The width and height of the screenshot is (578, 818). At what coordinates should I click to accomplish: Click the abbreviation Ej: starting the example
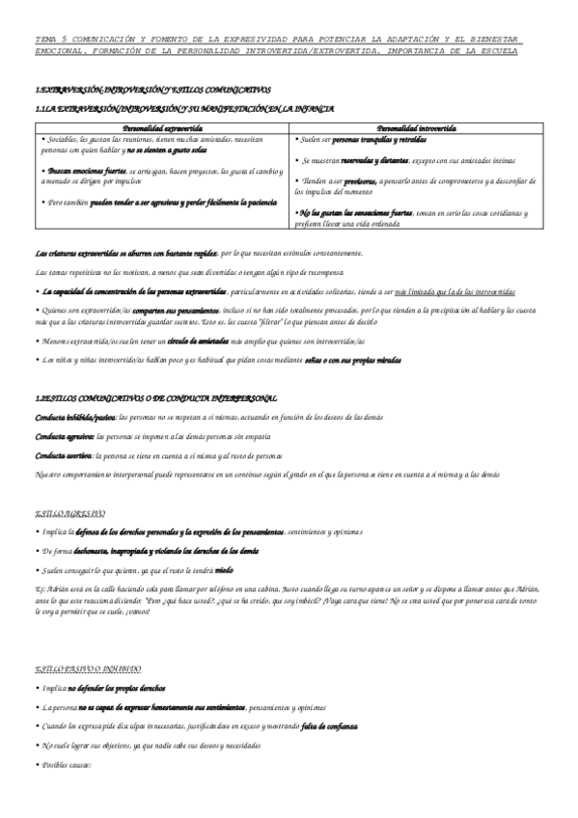click(x=40, y=589)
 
